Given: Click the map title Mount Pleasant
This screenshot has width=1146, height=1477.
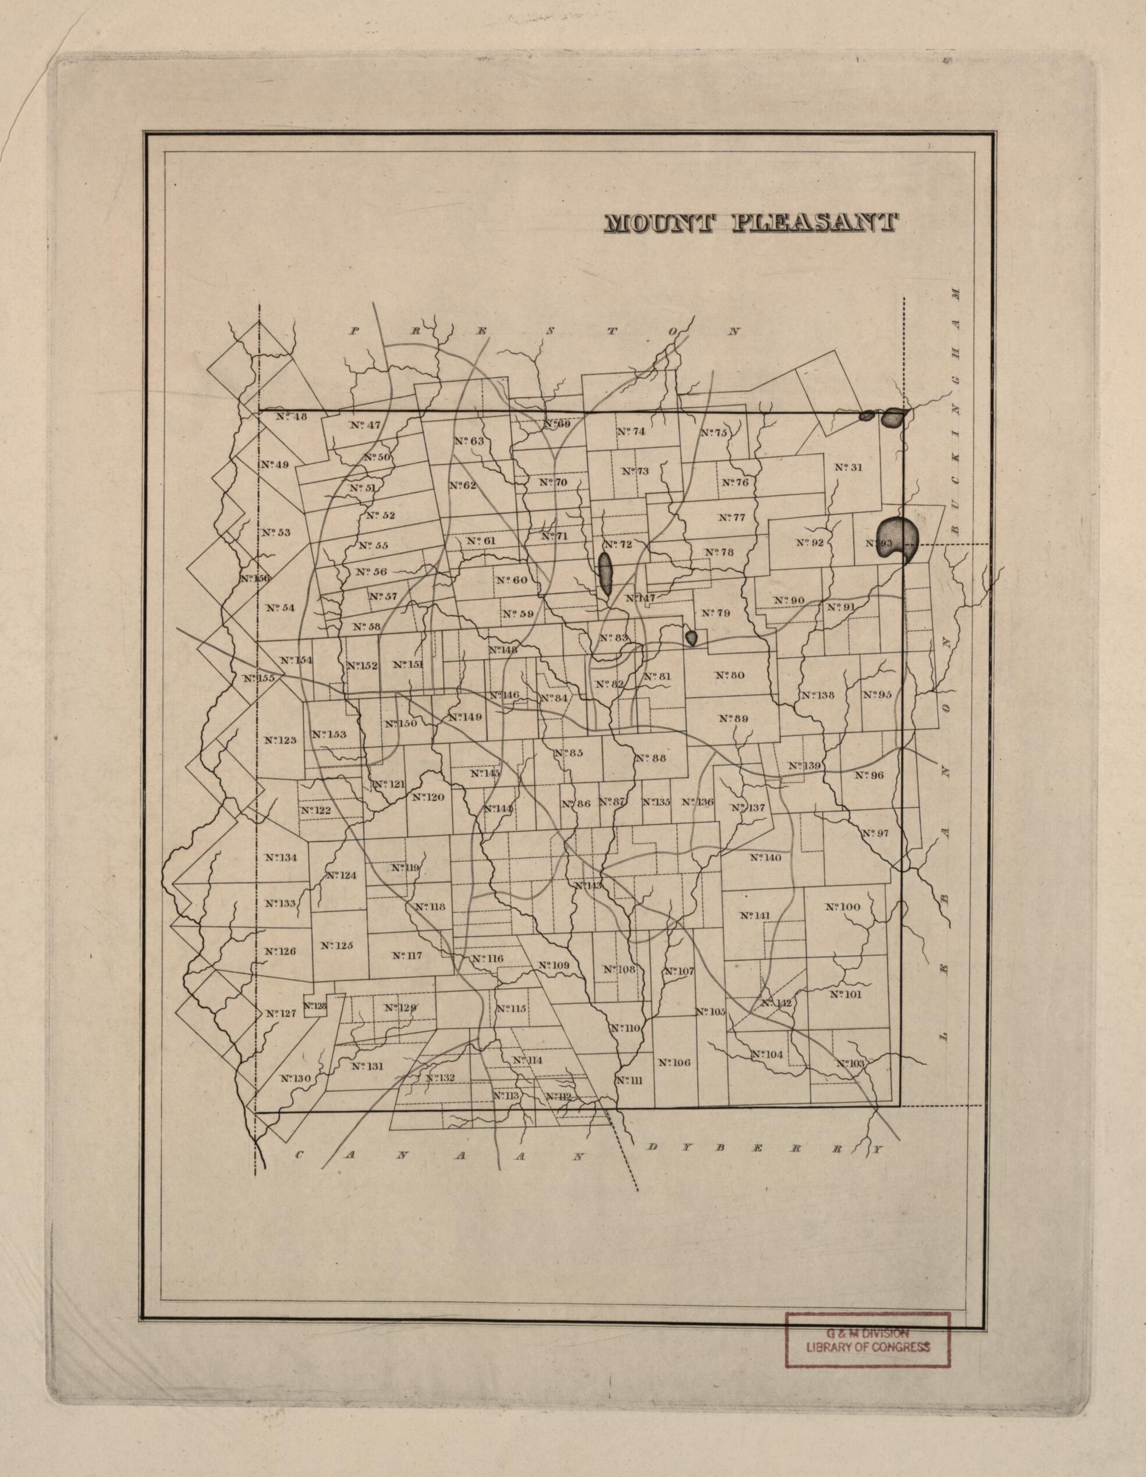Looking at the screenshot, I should click(750, 224).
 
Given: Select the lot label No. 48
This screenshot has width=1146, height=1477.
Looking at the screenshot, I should click(292, 417).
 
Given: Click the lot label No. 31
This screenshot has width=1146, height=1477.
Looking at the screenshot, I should click(849, 467).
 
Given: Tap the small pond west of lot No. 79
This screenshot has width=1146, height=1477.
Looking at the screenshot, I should click(691, 637).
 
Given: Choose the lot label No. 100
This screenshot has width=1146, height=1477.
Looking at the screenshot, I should click(842, 907).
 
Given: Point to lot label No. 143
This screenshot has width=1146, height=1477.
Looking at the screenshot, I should click(588, 886).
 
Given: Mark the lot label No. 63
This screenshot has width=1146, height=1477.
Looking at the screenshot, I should click(470, 441).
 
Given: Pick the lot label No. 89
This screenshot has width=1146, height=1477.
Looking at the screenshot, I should click(733, 718).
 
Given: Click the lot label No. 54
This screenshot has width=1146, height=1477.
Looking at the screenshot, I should click(280, 608).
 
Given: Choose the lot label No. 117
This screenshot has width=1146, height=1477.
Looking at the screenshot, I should click(407, 956).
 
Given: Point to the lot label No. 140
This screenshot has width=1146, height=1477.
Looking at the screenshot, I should click(766, 858).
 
